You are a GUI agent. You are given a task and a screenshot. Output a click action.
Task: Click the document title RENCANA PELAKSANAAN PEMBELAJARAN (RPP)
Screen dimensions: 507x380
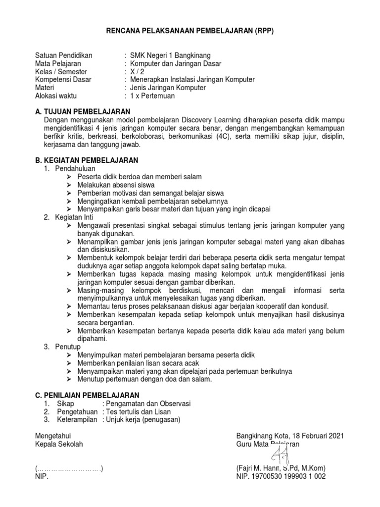(190, 31)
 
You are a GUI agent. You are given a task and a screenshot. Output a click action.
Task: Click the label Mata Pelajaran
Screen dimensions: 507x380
(58, 63)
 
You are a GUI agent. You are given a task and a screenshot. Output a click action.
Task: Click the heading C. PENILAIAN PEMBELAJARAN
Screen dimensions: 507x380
(87, 395)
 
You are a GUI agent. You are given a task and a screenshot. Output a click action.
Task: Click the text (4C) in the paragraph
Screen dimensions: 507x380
(225, 136)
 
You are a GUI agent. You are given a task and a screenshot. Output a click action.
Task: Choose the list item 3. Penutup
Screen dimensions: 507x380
(62, 347)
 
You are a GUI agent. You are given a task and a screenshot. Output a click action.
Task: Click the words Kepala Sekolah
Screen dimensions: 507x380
(59, 444)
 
